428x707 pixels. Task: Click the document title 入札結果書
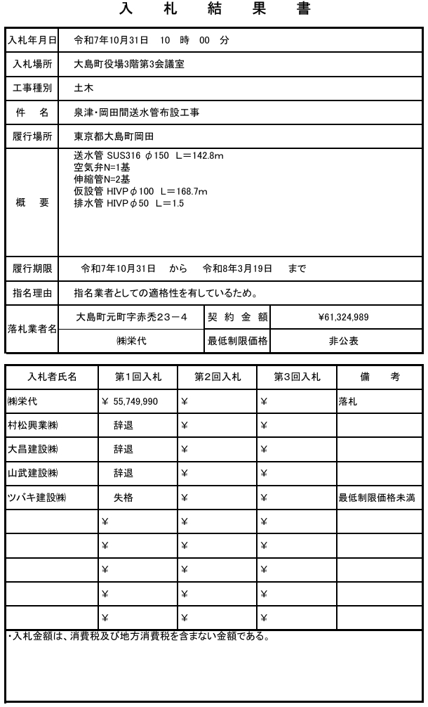point(213,10)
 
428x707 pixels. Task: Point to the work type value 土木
point(84,88)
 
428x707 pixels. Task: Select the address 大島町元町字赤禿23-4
point(131,317)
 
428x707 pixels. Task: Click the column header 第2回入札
point(217,377)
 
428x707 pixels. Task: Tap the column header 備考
point(379,377)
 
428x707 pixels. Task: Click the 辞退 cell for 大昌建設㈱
point(123,449)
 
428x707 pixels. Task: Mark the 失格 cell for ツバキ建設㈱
point(123,497)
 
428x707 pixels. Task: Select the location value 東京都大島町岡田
point(114,136)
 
